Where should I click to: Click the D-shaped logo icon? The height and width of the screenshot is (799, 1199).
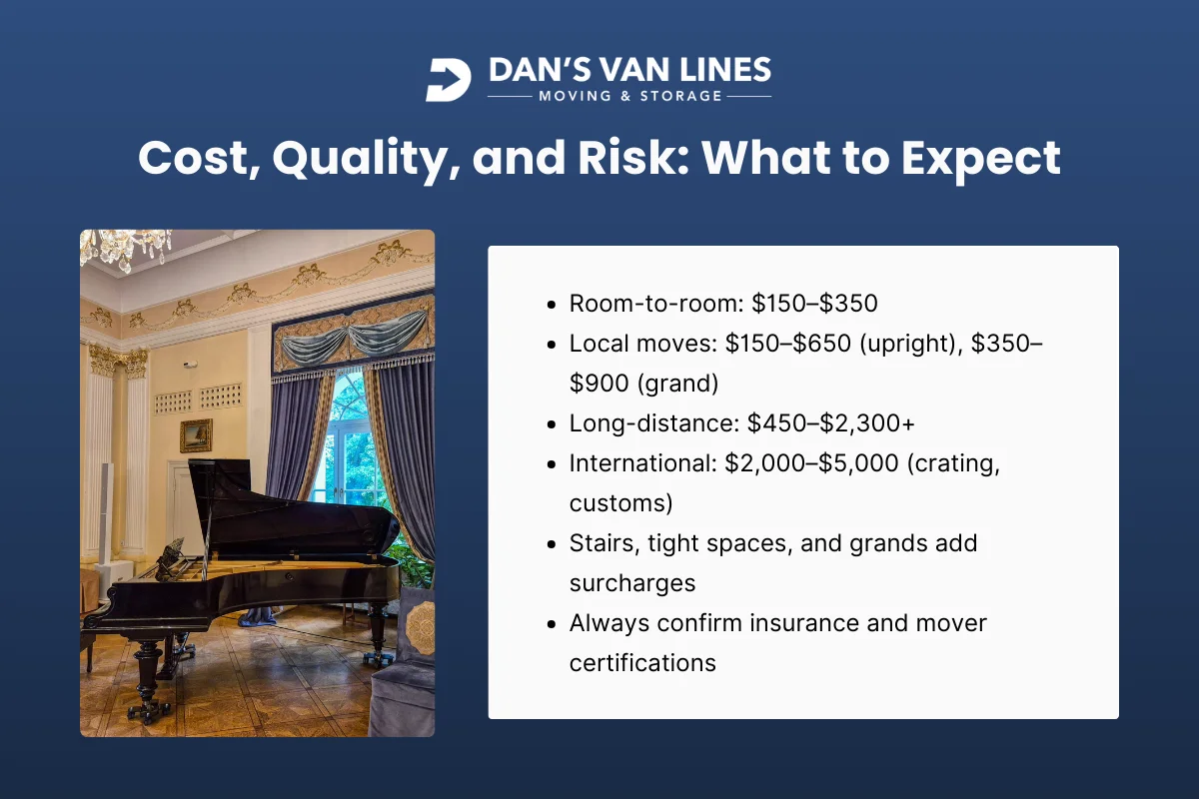point(449,80)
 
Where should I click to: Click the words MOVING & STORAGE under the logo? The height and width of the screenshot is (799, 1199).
point(629,97)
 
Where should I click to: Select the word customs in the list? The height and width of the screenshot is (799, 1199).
point(620,502)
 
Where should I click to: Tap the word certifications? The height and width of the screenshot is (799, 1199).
point(642,662)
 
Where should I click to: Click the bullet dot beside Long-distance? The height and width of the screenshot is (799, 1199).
point(554,423)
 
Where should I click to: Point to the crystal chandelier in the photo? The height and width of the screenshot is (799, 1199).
point(125,247)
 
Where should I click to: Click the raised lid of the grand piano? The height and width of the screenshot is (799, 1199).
point(300,509)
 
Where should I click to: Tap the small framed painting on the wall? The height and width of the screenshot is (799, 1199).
point(196,434)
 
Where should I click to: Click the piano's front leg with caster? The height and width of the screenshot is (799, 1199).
point(146,679)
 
